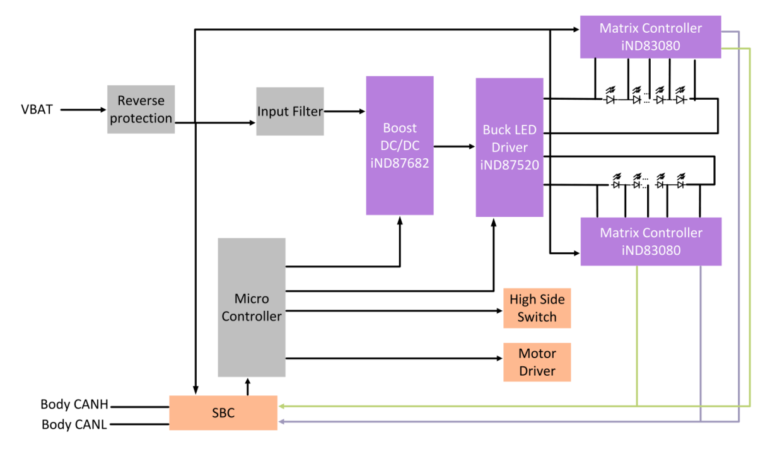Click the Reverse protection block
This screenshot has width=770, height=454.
coord(141,110)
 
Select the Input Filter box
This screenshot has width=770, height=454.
coord(290,112)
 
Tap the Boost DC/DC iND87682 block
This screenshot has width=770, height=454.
coord(400,146)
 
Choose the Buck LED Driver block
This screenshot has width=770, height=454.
coord(510,148)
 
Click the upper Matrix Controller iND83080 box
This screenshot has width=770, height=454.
coord(651,37)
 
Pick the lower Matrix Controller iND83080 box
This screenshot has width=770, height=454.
coord(651,242)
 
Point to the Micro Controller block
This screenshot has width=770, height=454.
coord(252,307)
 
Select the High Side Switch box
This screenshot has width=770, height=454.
coord(537,308)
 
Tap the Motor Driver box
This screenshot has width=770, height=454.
coord(537,362)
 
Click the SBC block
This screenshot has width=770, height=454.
coord(223,413)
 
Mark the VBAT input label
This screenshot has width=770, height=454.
coord(37,110)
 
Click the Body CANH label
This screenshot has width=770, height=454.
coord(74,404)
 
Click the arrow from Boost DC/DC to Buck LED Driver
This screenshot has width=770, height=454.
coord(454,146)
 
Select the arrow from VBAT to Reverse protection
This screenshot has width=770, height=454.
coord(83,110)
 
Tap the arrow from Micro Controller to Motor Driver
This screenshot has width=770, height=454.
coord(394,358)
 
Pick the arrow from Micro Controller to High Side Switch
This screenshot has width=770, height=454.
coord(394,311)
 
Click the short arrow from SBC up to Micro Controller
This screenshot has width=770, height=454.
coord(247,387)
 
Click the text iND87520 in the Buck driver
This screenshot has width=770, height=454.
coord(510,165)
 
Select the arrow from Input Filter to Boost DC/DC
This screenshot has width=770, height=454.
coord(345,112)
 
